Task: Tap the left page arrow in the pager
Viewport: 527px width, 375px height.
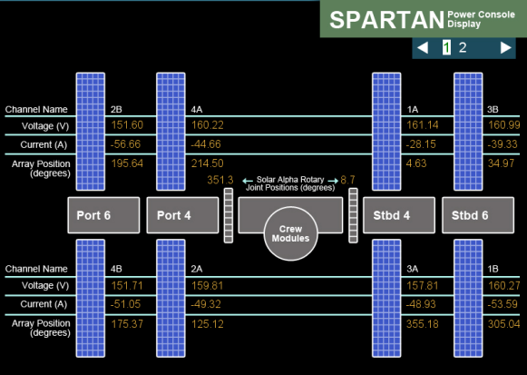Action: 423,48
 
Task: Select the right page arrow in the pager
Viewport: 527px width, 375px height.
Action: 505,48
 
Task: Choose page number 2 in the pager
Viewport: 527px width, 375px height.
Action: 463,48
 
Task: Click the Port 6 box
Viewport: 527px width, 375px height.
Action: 102,215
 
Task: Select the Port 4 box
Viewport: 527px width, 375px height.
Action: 181,215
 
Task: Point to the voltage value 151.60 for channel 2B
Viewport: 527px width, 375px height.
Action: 126,124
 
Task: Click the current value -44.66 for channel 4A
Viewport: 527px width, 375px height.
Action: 207,143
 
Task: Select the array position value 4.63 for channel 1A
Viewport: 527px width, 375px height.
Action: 416,163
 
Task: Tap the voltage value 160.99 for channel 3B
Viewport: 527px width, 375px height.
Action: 503,124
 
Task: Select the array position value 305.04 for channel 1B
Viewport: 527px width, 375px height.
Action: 503,324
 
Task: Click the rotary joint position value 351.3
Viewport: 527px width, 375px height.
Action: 220,181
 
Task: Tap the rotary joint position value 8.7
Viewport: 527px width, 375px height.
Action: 348,181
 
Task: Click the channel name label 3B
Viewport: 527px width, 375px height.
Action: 493,109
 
